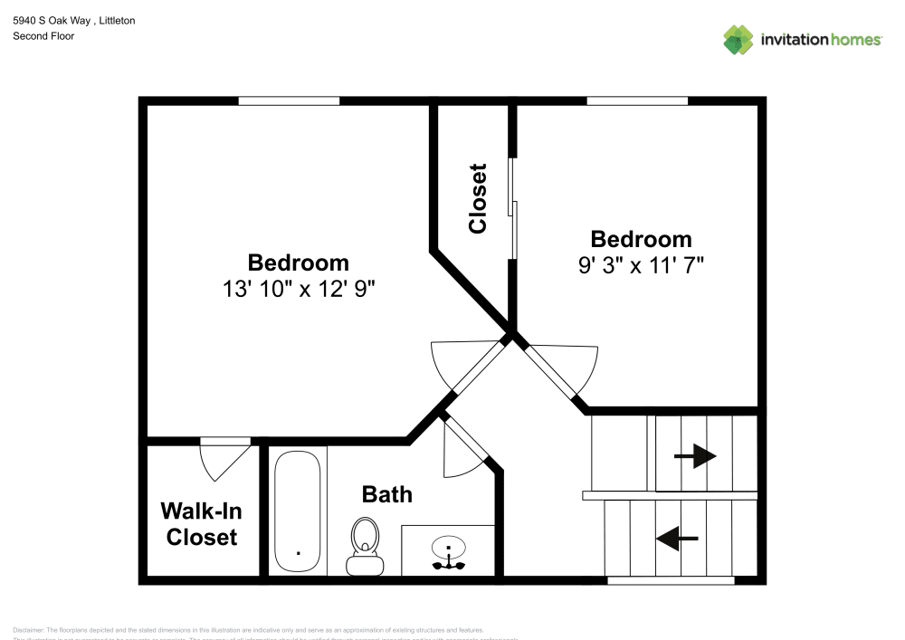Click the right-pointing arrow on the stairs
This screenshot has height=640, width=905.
pos(694,457)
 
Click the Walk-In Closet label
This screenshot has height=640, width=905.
pos(201,523)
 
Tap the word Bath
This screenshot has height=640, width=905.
pos(386,494)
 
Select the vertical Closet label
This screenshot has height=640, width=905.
pos(478,198)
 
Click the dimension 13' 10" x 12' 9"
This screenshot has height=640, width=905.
pos(299,290)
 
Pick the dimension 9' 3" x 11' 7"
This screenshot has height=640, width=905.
pos(641,265)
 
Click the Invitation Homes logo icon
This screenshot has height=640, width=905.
pos(738,39)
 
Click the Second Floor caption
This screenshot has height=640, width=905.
pos(43,36)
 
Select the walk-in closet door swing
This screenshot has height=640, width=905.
pos(223,458)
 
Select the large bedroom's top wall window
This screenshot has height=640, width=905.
pos(289,100)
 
